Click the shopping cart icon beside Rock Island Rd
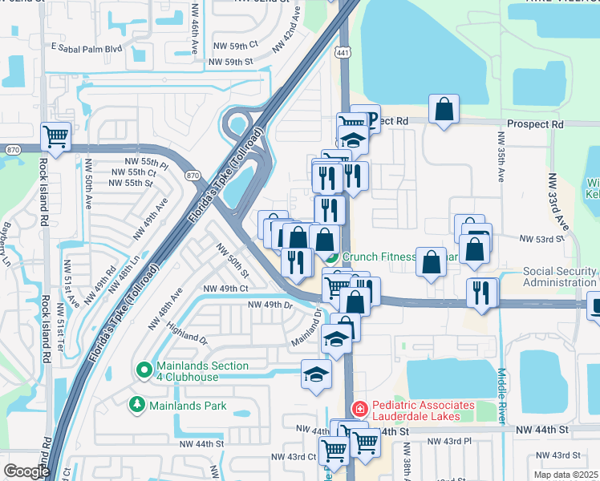[55, 136]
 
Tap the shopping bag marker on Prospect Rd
[444, 110]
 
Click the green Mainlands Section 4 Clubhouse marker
[144, 370]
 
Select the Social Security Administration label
[561, 277]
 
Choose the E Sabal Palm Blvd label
[86, 48]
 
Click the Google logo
[26, 471]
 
